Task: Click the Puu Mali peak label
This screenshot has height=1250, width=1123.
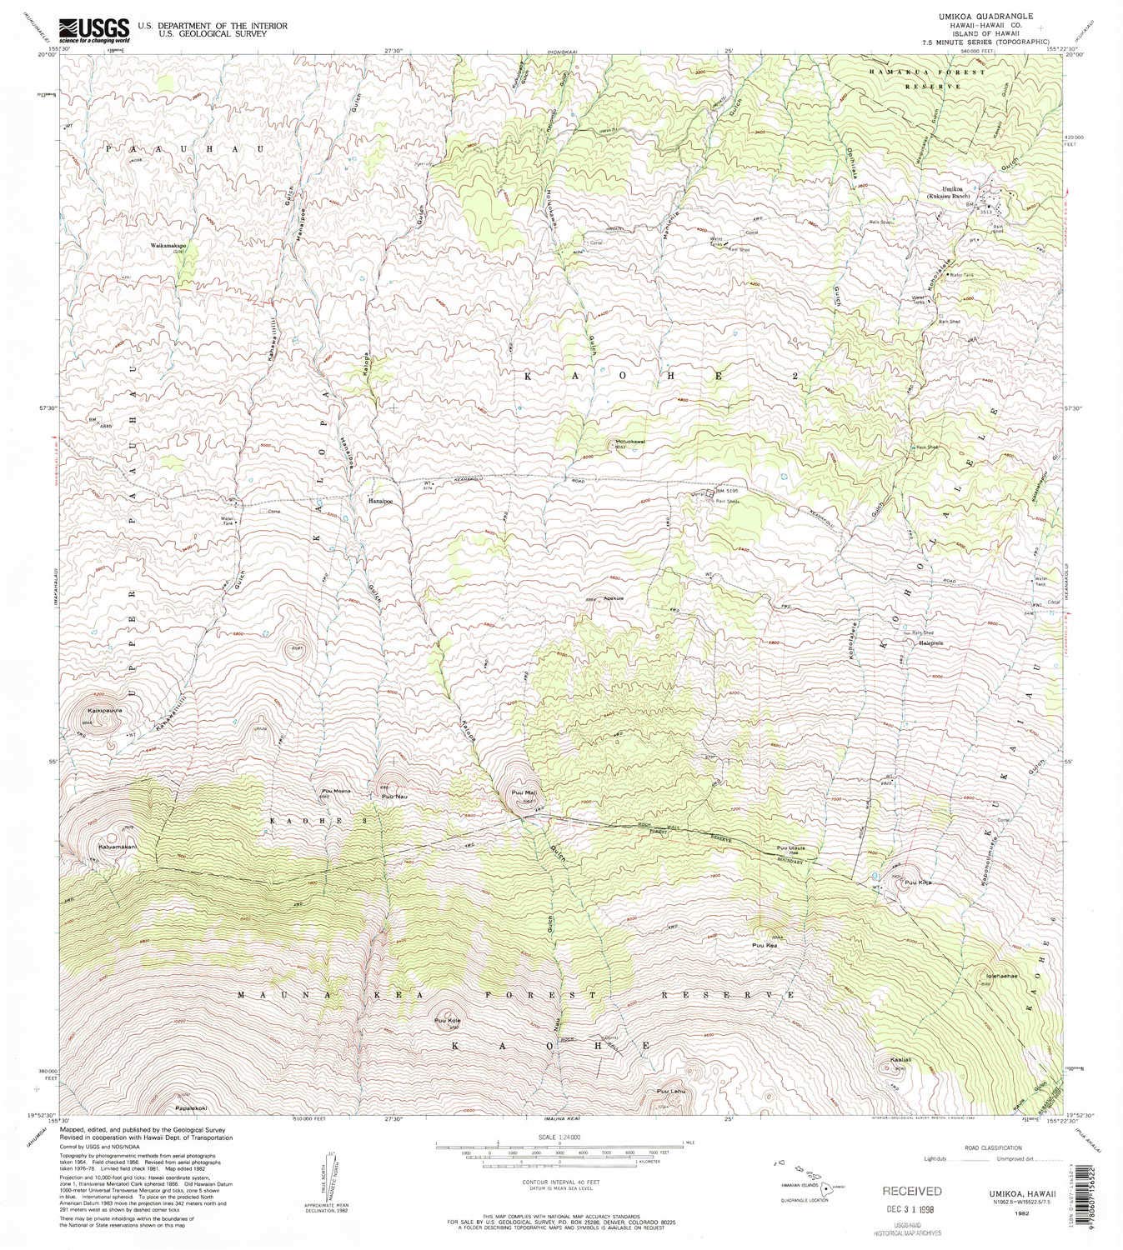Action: (522, 793)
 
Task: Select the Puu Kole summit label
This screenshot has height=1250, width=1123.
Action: (447, 1021)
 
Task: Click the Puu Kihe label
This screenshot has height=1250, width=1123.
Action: (918, 882)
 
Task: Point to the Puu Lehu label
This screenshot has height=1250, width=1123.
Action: (670, 1091)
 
